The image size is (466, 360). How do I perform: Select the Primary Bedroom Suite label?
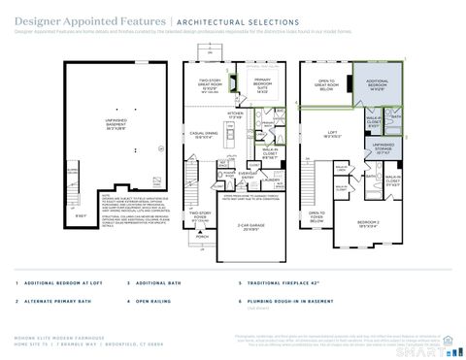(x=259, y=84)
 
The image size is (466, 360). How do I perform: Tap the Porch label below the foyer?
(x=202, y=236)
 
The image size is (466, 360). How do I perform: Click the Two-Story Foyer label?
(x=200, y=215)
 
